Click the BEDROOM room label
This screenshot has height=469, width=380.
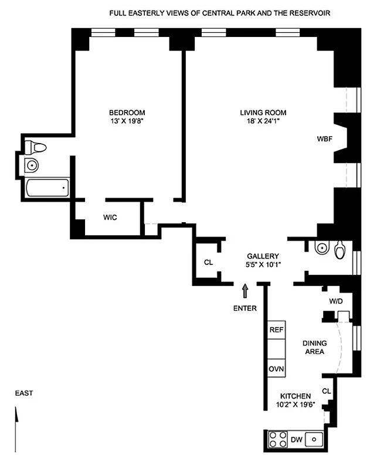[127, 113]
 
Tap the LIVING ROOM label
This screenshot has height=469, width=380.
[263, 113]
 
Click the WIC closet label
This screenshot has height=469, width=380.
[110, 217]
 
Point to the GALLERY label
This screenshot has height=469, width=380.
[262, 256]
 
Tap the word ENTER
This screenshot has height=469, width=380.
[245, 308]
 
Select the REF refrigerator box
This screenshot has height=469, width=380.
[276, 330]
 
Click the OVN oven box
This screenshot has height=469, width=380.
[276, 369]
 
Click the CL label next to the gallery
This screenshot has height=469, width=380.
[208, 263]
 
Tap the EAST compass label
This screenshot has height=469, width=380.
[24, 393]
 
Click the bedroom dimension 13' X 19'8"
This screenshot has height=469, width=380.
[127, 122]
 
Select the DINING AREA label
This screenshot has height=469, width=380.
[313, 348]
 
